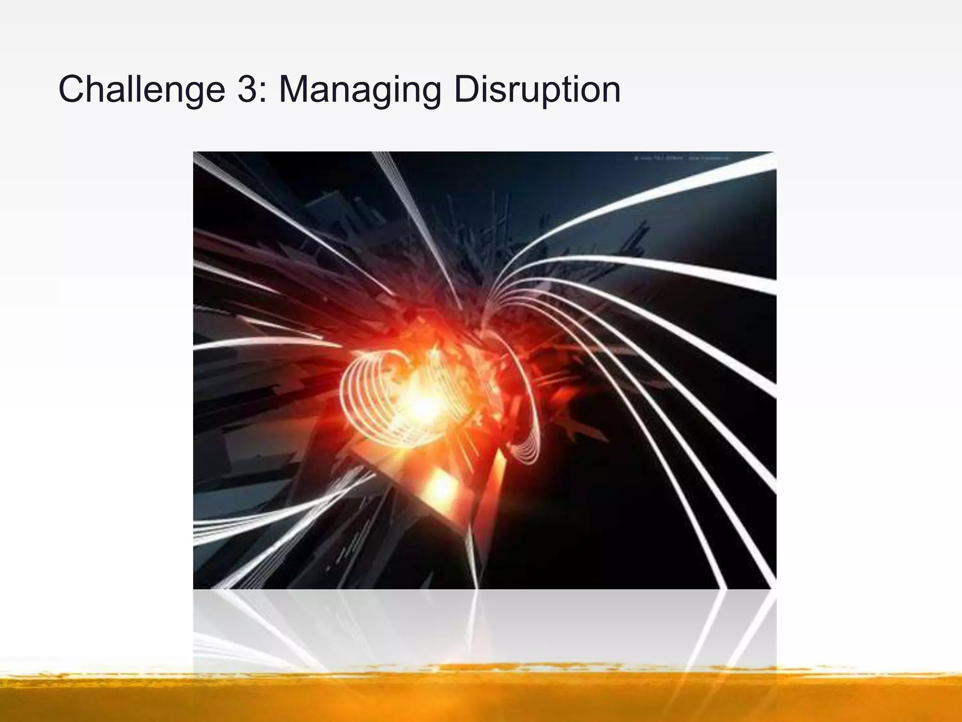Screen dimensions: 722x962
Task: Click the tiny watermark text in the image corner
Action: [681, 159]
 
